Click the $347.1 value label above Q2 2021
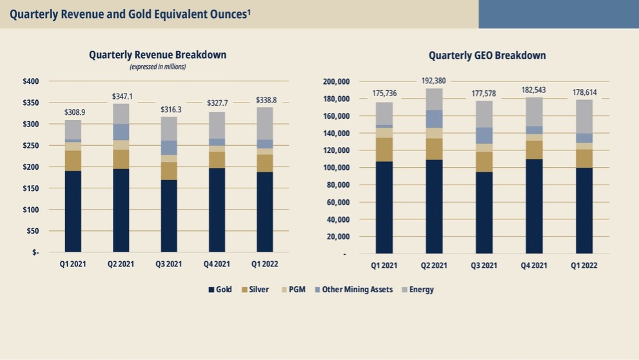[122, 96]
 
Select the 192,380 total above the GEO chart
[433, 81]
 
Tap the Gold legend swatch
[211, 290]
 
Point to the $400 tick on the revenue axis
[31, 81]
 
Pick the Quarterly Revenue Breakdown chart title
[157, 55]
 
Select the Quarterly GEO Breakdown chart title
[487, 55]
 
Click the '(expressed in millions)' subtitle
[157, 66]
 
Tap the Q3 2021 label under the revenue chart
[170, 265]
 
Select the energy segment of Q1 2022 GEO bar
[584, 116]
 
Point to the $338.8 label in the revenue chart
[266, 100]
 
